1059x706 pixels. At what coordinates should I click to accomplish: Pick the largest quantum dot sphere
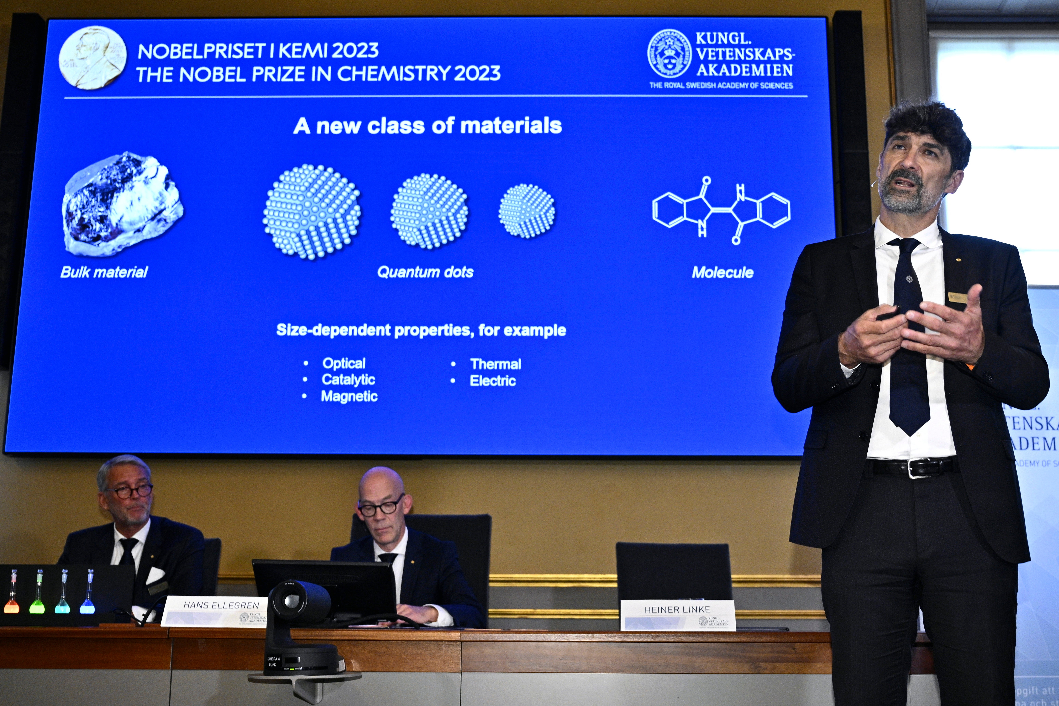(x=312, y=212)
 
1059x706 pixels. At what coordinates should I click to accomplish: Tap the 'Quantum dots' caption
(x=425, y=272)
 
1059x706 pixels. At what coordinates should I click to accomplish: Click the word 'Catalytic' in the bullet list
(x=348, y=380)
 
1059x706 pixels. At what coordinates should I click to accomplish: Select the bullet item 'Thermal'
(x=495, y=364)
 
